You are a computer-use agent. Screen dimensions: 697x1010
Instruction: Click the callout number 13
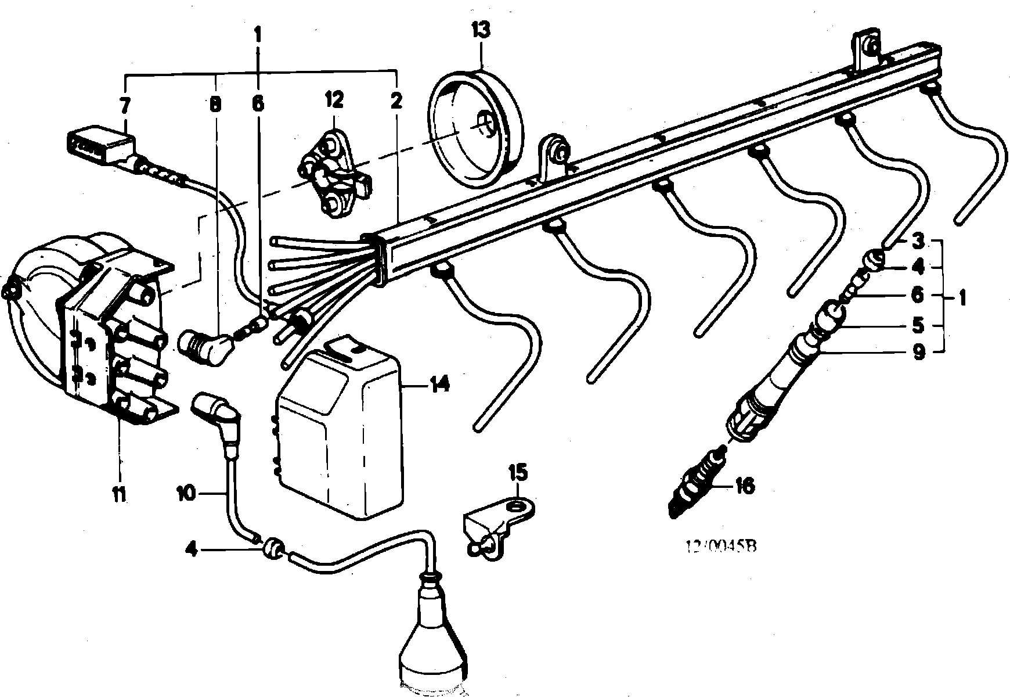[481, 30]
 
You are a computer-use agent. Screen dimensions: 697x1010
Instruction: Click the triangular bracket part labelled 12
[334, 177]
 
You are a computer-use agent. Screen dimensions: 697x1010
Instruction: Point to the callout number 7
[125, 106]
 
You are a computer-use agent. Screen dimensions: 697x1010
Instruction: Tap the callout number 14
[439, 385]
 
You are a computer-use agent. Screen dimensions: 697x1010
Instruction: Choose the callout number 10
[187, 493]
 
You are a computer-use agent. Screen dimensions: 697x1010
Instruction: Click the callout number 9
[918, 352]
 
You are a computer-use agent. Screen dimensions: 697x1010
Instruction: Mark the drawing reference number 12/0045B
[722, 547]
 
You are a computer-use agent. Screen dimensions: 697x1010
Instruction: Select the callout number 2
[396, 102]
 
